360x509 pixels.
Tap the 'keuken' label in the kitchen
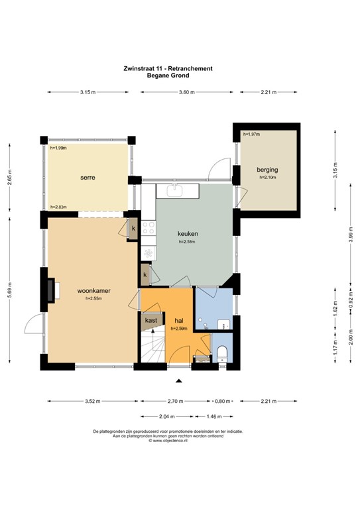(x=188, y=234)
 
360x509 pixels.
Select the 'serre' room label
(x=88, y=178)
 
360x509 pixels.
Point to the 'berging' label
(x=268, y=170)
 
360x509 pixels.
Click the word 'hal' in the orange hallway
(x=179, y=321)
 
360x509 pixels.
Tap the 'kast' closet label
(x=151, y=321)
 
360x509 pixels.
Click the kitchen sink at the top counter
(x=176, y=192)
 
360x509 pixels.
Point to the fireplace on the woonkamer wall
(x=50, y=289)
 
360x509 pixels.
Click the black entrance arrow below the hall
(x=178, y=380)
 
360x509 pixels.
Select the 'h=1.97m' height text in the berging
(x=253, y=134)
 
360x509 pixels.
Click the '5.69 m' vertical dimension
(x=9, y=290)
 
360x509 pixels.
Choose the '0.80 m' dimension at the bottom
(x=224, y=400)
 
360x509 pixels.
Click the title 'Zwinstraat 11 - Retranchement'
(x=168, y=68)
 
